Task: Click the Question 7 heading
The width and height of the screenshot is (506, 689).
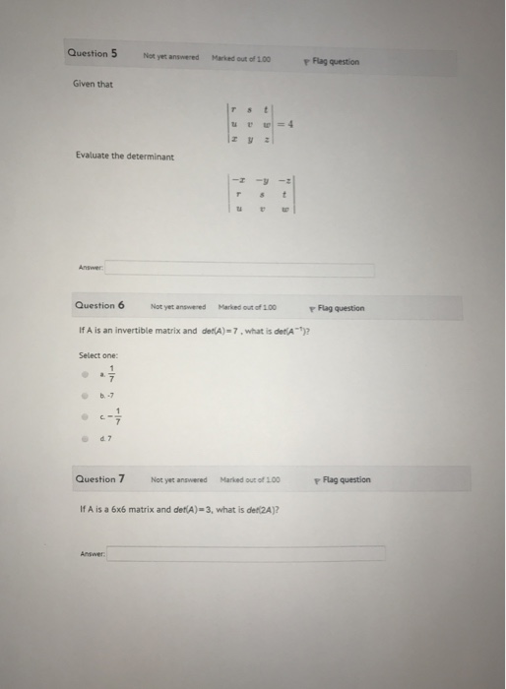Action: pyautogui.click(x=100, y=479)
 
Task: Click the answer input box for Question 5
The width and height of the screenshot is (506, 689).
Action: pyautogui.click(x=240, y=269)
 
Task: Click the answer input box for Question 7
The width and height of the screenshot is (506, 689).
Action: pyautogui.click(x=246, y=553)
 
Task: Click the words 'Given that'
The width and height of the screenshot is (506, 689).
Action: pyautogui.click(x=92, y=84)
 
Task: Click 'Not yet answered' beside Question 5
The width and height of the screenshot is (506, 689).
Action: pyautogui.click(x=171, y=58)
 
